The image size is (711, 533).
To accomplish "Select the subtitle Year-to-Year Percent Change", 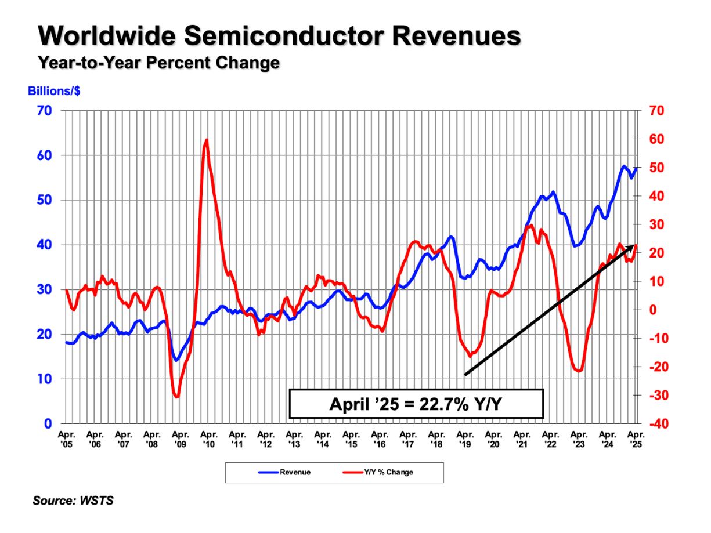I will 158,63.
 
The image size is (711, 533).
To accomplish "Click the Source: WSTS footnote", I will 73,500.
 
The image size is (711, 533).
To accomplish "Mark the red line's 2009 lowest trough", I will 176,397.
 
